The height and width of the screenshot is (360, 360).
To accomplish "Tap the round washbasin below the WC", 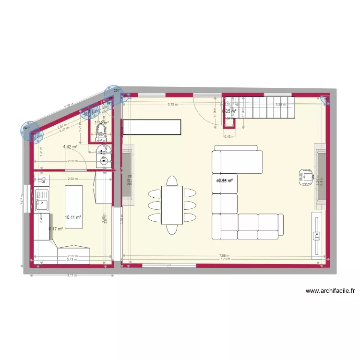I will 102,161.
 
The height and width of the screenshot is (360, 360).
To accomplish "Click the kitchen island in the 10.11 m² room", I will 74,207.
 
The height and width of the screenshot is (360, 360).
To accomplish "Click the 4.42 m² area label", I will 71,147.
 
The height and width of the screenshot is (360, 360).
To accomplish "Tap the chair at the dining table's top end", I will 172,181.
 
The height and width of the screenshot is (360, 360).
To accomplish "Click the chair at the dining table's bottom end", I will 172,229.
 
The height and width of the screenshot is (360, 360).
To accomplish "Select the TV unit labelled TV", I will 316,235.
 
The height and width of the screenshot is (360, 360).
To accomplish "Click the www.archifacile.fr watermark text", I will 330,290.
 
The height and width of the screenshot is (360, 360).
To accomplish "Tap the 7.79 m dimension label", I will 223,259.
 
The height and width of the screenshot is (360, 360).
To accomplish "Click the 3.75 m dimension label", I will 172,105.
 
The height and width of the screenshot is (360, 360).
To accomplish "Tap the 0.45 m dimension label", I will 229,136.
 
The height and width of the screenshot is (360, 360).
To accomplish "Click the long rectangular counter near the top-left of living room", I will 152,127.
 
